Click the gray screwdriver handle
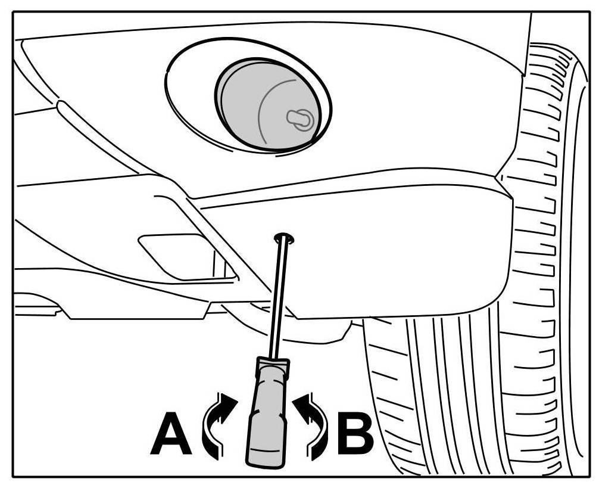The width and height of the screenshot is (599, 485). pos(266,417)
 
